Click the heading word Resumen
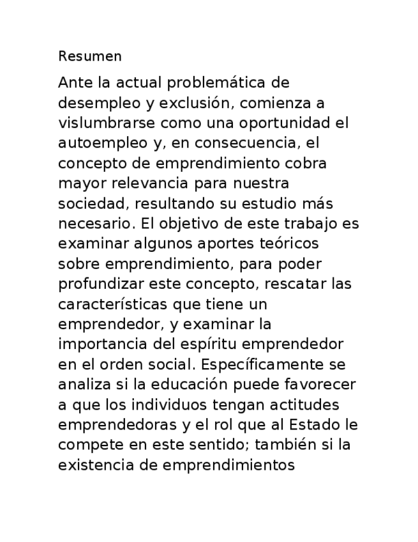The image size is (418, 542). (x=89, y=56)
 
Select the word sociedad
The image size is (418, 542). (x=90, y=204)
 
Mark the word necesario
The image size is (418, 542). (x=92, y=224)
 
